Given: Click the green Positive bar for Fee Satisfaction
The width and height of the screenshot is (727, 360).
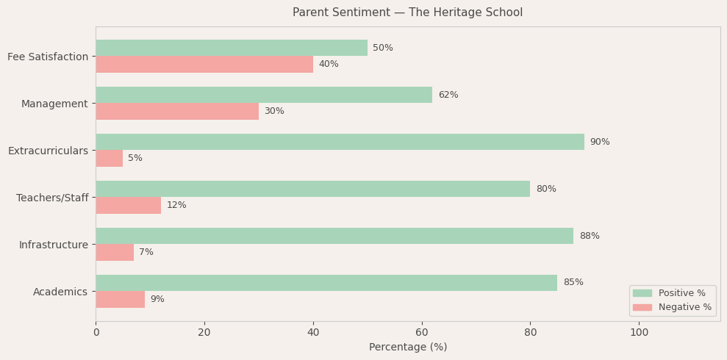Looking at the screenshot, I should [x=232, y=48].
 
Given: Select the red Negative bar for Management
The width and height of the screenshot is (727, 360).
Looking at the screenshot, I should [x=177, y=111].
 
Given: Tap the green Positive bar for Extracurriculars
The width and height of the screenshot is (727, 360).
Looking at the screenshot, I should [x=340, y=142].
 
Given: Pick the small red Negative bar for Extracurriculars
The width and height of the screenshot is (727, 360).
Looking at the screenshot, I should [x=110, y=158].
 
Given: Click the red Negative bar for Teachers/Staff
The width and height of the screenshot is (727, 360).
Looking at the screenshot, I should [x=129, y=205].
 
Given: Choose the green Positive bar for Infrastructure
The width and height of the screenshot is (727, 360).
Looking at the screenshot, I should [x=334, y=236].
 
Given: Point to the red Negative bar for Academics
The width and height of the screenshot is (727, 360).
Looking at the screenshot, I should [x=121, y=299].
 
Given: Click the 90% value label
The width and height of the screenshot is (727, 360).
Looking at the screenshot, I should [x=600, y=142].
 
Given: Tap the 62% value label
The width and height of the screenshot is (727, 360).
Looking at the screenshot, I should [x=448, y=95].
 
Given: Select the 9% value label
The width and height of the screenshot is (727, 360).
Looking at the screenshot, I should [x=157, y=299].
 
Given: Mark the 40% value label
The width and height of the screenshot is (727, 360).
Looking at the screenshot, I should [x=329, y=64].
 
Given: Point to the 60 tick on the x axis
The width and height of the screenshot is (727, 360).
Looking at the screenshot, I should [x=422, y=332].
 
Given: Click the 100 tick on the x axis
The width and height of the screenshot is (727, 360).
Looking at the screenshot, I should [x=639, y=332].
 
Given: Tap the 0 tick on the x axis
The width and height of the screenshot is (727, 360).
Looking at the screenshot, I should [x=96, y=332].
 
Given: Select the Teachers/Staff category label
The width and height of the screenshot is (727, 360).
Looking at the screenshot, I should [x=52, y=198].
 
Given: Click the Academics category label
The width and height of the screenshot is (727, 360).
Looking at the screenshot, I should [x=60, y=292].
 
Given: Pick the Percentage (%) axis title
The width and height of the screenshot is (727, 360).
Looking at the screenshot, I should [x=408, y=347].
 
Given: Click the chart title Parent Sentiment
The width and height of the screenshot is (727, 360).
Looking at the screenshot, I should [x=408, y=12].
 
